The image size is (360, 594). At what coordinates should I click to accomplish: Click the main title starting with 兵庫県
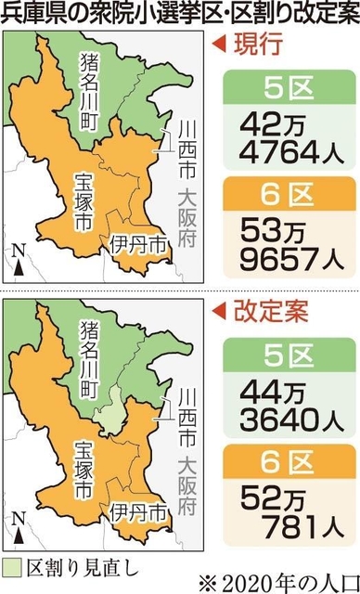pyautogui.click(x=179, y=15)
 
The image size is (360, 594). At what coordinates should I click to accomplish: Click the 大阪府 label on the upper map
pyautogui.click(x=187, y=216)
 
